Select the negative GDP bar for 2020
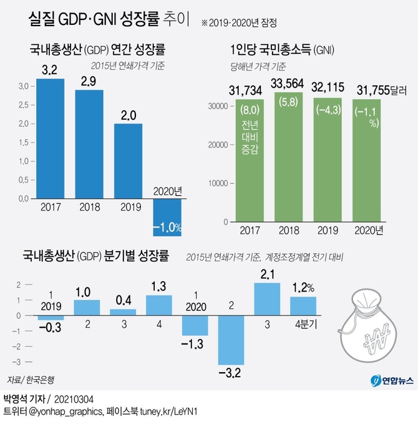click(x=163, y=217)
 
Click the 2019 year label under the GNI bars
click(x=328, y=231)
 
